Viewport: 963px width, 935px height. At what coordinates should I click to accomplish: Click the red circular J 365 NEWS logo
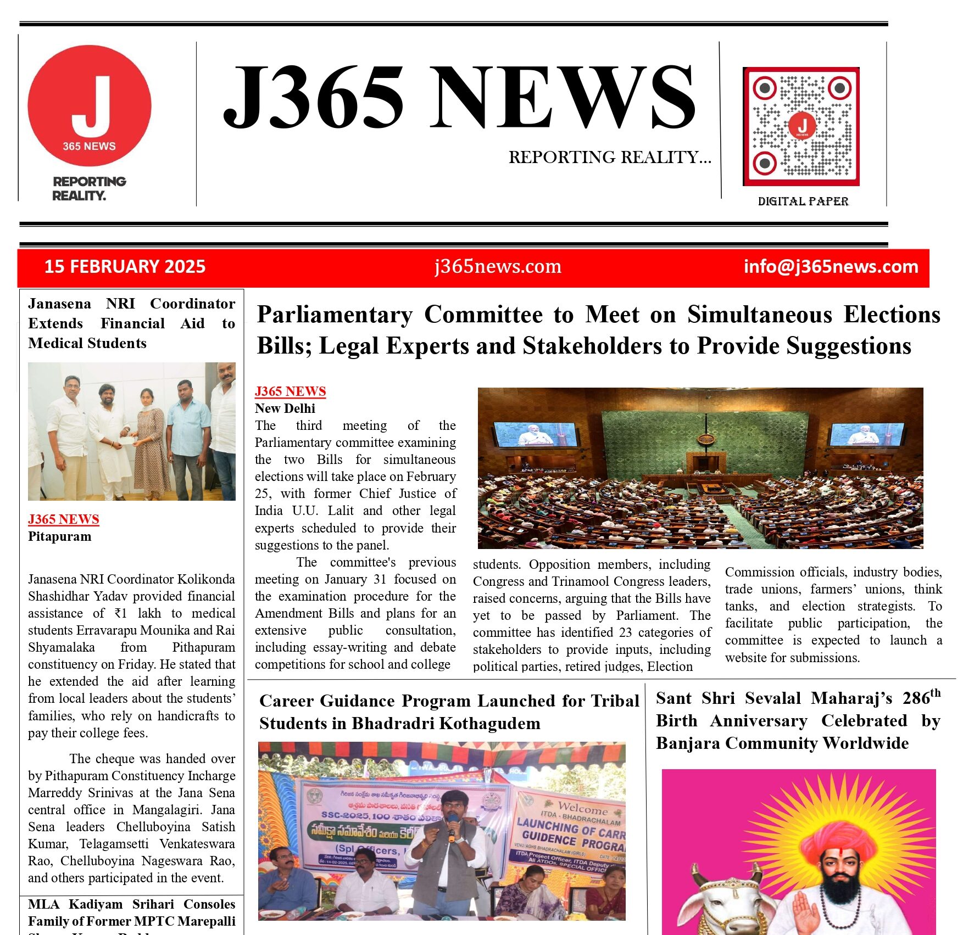90,105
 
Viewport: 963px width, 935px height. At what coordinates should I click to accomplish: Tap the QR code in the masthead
801,126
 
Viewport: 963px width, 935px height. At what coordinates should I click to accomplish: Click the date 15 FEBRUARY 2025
125,267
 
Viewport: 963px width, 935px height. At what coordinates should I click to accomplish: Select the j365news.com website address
498,266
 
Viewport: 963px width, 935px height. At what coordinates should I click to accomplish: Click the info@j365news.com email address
831,267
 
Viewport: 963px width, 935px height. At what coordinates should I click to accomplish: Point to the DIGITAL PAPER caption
803,201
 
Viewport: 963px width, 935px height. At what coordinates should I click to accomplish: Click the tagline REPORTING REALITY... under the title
609,158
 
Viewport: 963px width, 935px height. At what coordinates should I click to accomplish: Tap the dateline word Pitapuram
60,536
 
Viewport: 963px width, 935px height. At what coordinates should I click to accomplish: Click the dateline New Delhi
285,408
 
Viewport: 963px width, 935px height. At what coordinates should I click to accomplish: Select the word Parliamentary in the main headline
335,315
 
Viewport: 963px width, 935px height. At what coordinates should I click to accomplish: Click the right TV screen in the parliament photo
866,434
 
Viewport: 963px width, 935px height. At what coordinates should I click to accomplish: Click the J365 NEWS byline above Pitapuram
64,519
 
